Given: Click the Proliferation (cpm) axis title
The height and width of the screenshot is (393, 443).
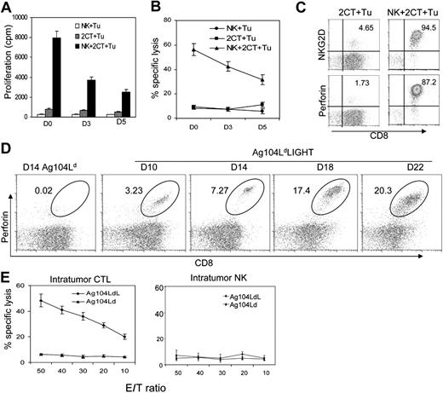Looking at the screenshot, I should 9,64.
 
